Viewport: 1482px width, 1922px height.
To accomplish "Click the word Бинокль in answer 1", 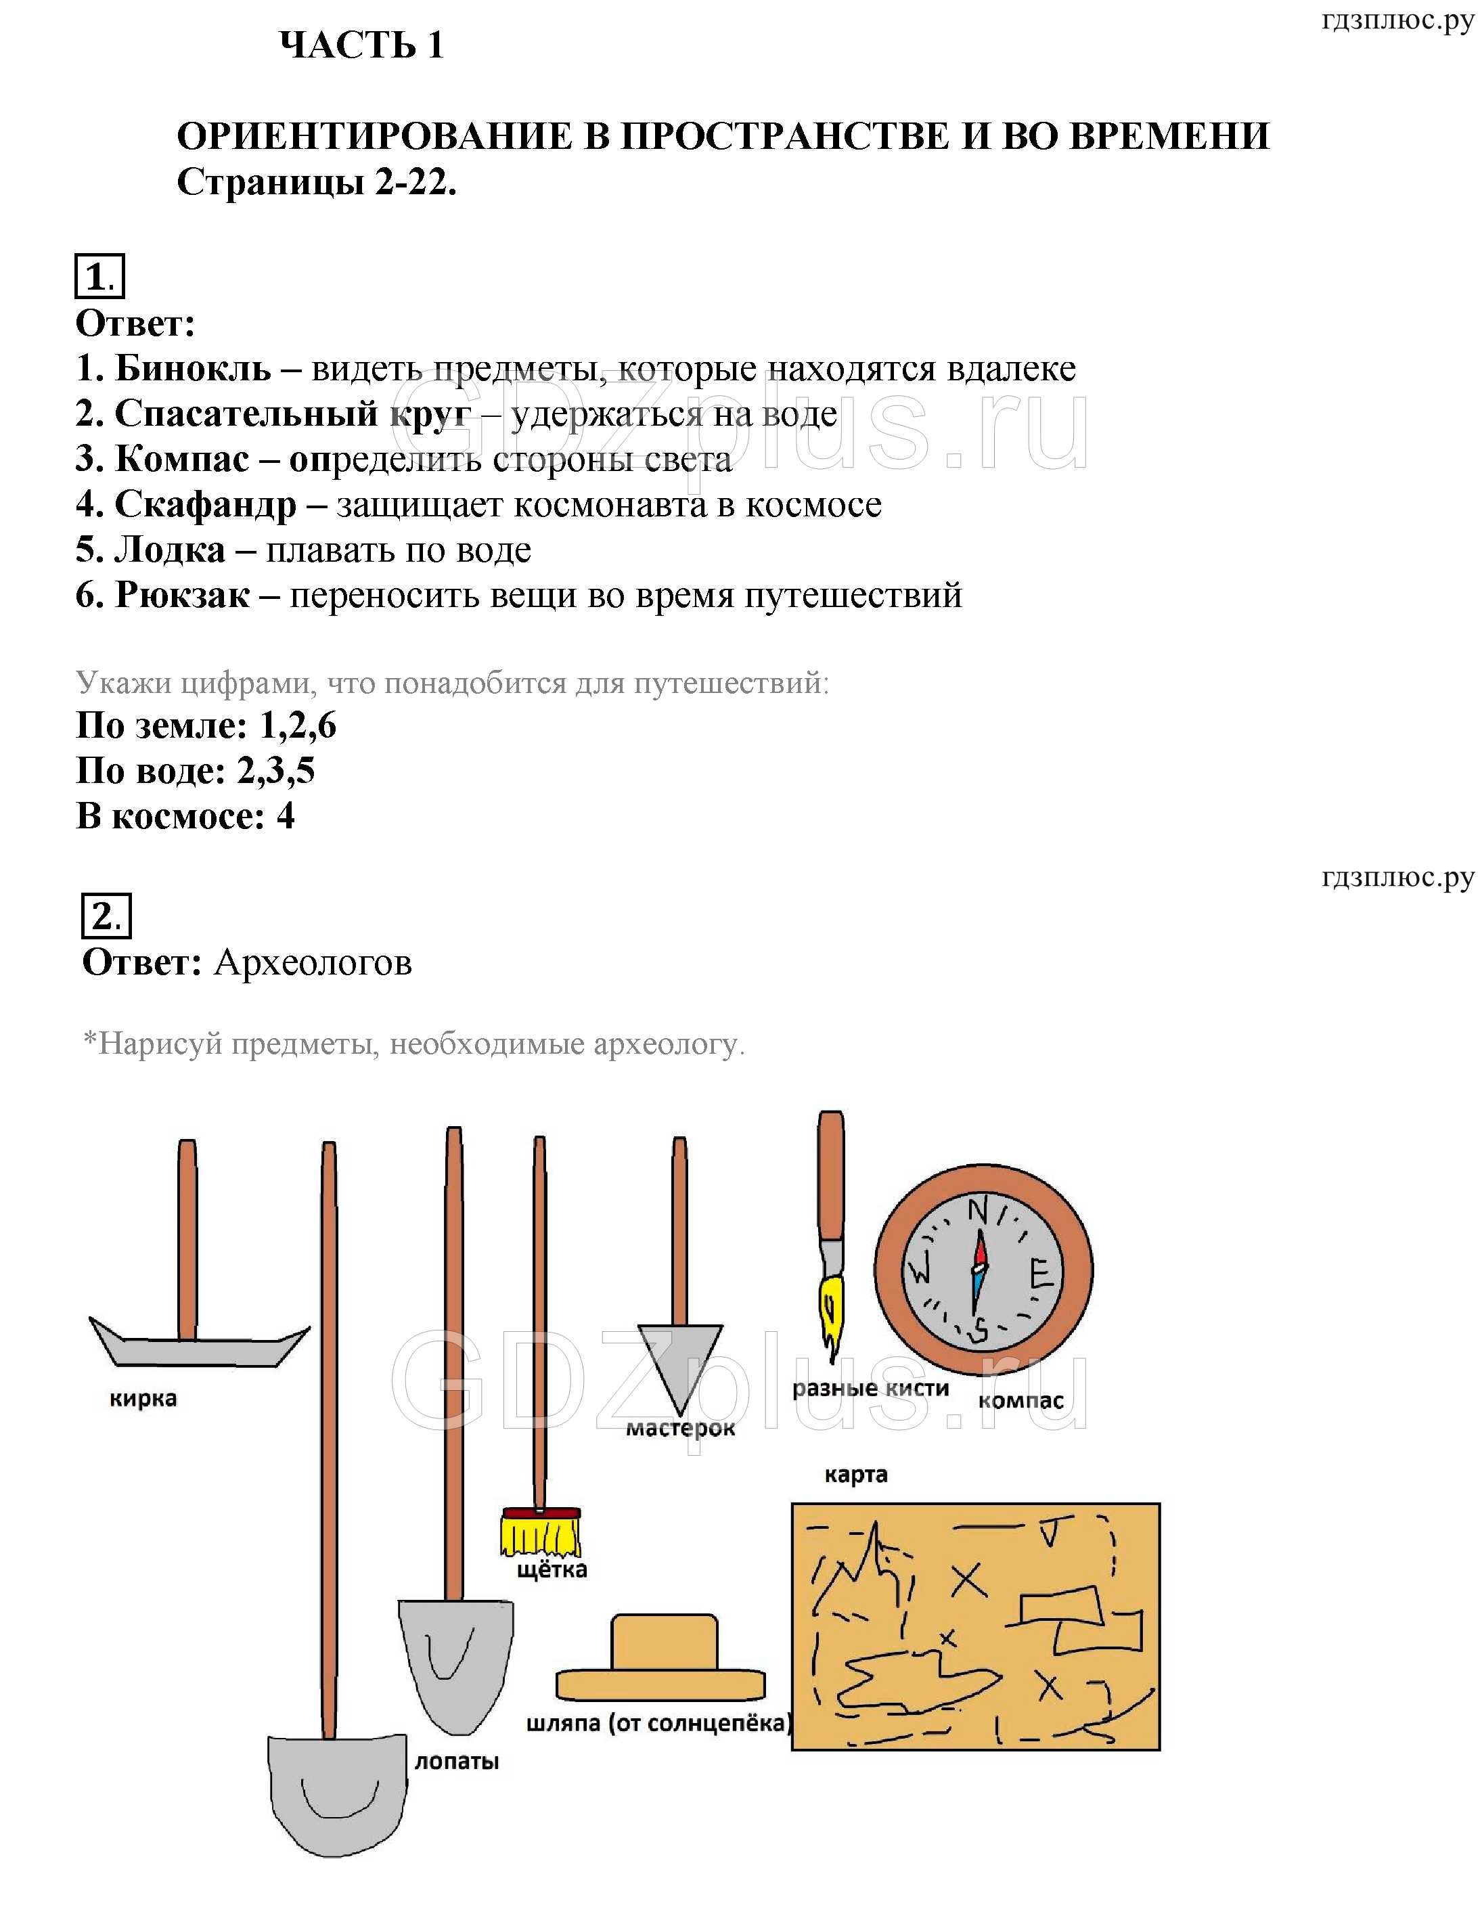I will pos(192,369).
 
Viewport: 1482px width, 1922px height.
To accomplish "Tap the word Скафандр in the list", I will pos(205,505).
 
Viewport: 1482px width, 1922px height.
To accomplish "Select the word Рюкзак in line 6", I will pos(182,596).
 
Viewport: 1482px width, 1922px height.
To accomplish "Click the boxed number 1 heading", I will pos(99,277).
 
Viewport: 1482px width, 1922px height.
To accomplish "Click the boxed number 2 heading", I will pos(106,917).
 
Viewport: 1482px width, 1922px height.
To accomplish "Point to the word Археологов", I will pos(313,963).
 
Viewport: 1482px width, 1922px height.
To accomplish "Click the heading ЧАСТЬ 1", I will pos(361,46).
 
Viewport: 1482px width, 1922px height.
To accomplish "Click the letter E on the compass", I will pos(1041,1274).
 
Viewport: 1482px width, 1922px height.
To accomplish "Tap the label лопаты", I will pos(457,1762).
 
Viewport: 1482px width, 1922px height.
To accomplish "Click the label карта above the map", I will pos(855,1475).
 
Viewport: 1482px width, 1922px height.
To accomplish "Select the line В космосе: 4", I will pos(185,817).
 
